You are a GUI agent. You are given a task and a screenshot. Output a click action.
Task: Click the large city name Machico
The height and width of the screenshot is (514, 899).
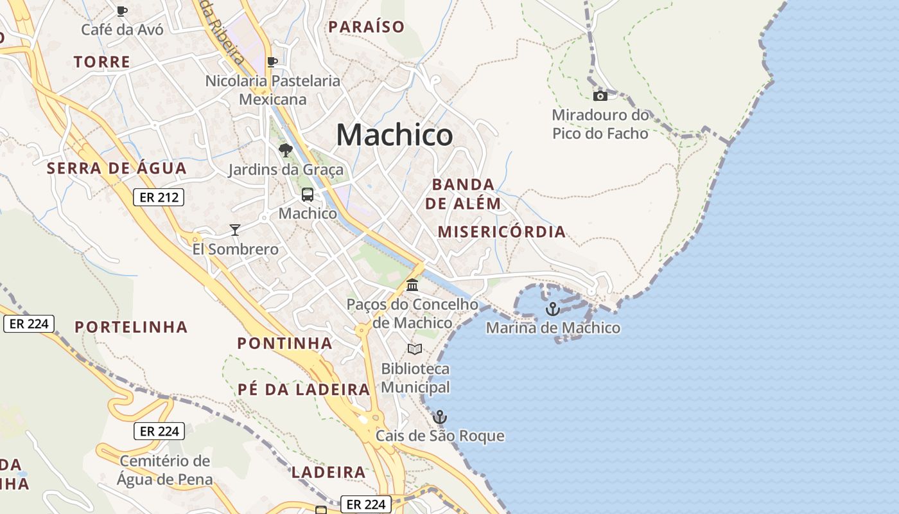pos(394,135)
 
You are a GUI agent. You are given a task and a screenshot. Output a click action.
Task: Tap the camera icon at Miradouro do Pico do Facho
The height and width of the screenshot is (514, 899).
pos(600,96)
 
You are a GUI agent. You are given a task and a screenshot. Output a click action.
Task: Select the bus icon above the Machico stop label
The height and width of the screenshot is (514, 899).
pos(308,195)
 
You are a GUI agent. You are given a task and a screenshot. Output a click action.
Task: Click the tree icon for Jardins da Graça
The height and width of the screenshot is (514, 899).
pos(286,151)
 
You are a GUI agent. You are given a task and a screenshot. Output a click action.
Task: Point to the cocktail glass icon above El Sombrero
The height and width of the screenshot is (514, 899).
pos(235,230)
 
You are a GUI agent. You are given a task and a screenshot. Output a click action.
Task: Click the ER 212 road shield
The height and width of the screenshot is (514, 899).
pos(159,197)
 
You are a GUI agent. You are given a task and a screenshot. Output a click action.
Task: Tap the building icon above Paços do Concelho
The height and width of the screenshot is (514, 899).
pos(412,285)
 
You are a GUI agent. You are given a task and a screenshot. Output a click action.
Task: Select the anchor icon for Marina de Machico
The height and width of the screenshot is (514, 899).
pos(552,310)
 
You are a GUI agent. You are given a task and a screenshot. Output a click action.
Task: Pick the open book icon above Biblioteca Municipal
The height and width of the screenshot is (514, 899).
pos(415,350)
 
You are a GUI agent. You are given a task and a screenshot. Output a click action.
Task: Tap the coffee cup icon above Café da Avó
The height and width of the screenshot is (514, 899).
pos(122,11)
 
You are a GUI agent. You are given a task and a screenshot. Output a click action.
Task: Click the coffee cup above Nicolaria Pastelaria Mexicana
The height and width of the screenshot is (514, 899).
pos(272,62)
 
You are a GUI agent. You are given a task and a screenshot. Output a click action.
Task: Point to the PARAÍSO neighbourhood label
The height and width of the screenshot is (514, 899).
pos(367,27)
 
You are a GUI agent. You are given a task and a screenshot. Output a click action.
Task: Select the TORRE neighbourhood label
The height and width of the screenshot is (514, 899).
pos(102,62)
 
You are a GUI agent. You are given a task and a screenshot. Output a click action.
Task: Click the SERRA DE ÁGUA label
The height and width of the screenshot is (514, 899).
pos(117,168)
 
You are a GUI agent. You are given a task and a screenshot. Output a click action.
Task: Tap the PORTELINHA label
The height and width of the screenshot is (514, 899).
pos(132,327)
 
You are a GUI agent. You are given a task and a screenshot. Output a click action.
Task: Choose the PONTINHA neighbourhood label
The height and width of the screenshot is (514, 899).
pos(285,343)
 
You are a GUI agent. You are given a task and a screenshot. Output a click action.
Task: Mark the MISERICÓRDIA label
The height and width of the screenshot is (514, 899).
pos(502,232)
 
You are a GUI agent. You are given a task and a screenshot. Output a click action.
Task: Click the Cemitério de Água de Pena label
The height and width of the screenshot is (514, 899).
pos(165,470)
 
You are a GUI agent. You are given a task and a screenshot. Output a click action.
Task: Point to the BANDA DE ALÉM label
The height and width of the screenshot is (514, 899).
pos(463,194)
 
